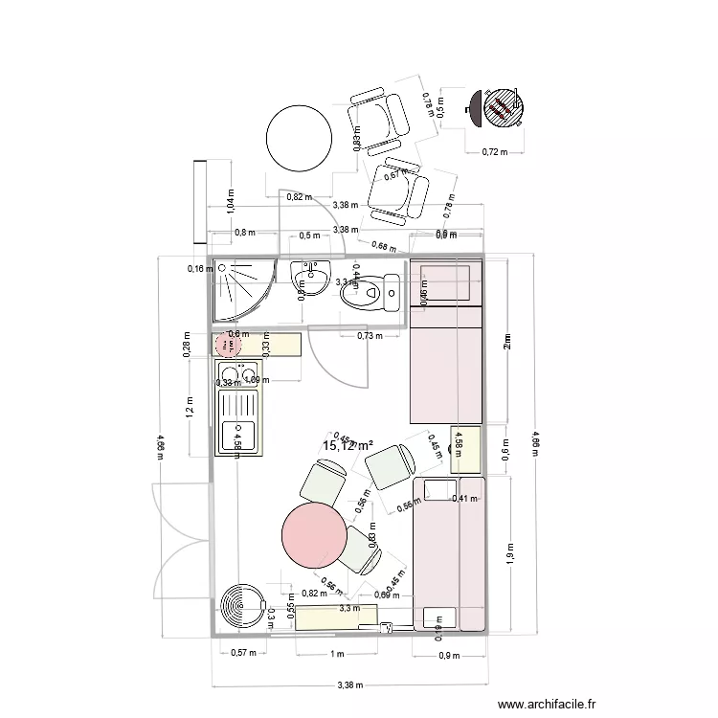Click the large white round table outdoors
[298, 138]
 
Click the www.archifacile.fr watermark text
[547, 703]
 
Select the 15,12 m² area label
[348, 445]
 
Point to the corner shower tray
[240, 289]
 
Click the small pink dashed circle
[229, 343]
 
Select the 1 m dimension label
[336, 654]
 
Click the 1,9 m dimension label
[508, 552]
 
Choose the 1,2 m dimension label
[191, 409]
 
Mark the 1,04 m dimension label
[229, 199]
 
